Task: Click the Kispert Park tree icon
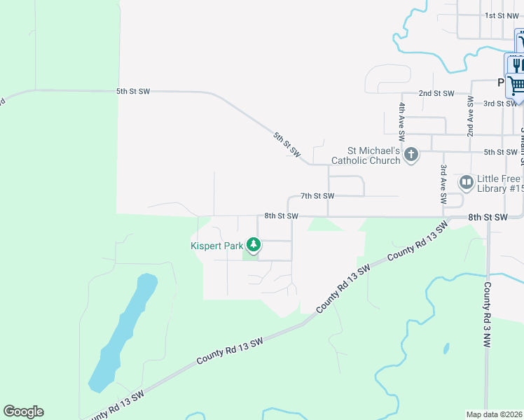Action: (254, 246)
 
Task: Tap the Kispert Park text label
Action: (216, 246)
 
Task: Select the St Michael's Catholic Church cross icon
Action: (411, 155)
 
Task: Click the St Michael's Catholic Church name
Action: (375, 155)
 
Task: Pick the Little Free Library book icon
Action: (467, 183)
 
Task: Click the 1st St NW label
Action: (501, 15)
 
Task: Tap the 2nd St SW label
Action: (436, 93)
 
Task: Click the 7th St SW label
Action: (317, 196)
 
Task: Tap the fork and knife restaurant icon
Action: (517, 65)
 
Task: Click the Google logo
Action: (23, 412)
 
